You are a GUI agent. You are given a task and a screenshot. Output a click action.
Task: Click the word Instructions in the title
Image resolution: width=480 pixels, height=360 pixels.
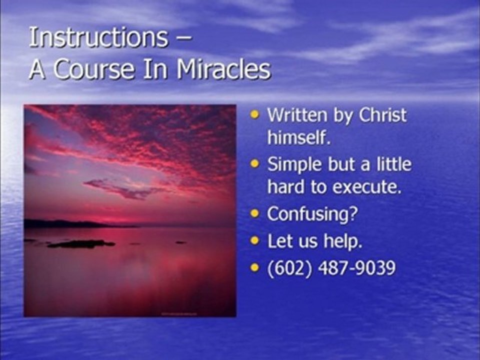point(98,38)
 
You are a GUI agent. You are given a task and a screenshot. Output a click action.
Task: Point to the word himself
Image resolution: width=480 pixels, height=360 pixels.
point(298,137)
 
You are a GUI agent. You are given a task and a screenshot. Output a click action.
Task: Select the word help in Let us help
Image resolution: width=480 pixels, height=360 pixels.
point(344,241)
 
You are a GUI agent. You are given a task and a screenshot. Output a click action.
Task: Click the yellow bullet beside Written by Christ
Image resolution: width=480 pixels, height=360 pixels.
point(255,115)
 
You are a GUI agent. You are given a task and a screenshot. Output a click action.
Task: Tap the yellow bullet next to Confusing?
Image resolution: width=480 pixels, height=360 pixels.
point(255,214)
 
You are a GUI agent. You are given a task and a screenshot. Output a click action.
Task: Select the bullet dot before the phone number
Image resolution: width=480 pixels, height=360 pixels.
point(255,268)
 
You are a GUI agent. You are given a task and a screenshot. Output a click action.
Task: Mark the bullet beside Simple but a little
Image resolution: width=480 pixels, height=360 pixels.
point(255,164)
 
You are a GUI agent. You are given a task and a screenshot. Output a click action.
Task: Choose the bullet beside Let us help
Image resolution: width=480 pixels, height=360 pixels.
point(255,241)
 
